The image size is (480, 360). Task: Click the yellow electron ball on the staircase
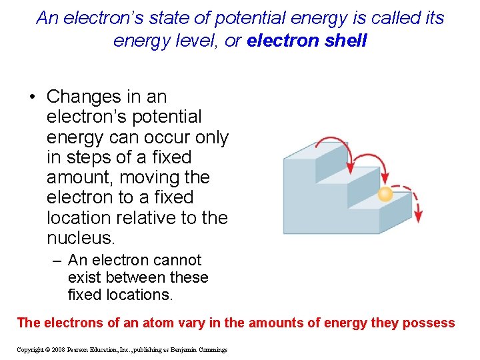[385, 194]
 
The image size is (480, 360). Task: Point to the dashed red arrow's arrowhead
[418, 218]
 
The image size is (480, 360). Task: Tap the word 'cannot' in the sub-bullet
[178, 260]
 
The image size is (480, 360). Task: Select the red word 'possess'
[429, 323]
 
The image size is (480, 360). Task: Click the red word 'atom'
[125, 323]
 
